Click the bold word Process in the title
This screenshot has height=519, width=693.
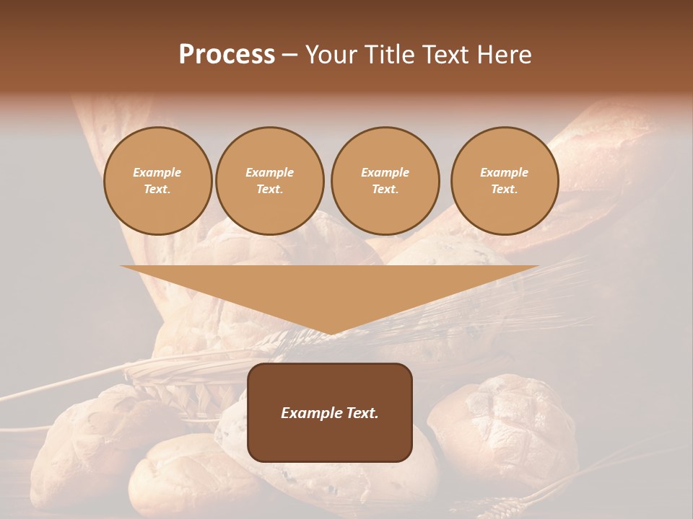(227, 54)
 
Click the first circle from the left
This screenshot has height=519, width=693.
(157, 181)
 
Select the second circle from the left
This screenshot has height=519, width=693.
(269, 181)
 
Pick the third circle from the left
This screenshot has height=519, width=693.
(385, 181)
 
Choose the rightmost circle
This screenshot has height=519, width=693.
(504, 181)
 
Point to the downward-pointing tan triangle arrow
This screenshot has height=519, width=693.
(329, 288)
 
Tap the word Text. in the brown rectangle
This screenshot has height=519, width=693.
(362, 413)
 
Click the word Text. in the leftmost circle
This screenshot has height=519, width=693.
(157, 190)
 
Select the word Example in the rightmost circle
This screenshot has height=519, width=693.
(504, 172)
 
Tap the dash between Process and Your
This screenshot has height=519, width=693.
(290, 55)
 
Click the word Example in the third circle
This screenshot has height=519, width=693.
(385, 172)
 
